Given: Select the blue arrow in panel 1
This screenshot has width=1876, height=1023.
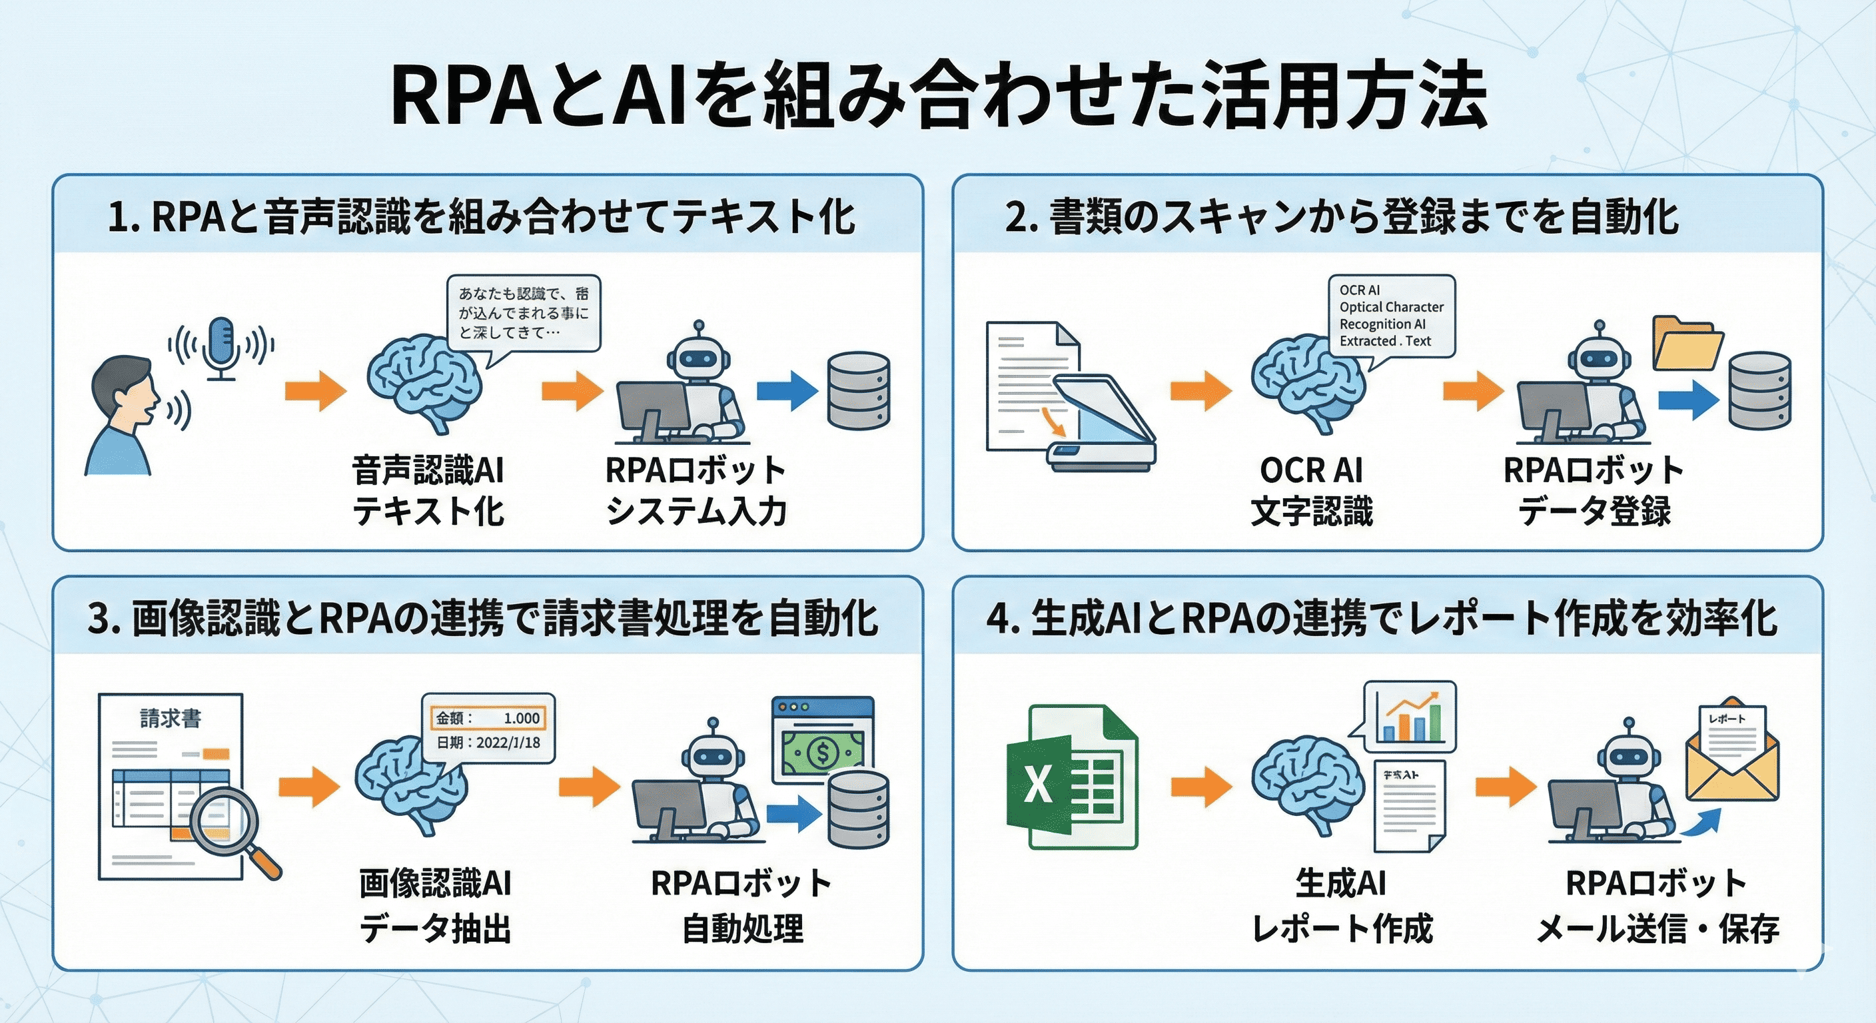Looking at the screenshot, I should [787, 391].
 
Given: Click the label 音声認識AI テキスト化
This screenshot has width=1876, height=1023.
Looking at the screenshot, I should [428, 490].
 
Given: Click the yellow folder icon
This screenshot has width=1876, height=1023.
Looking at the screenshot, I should [1687, 344].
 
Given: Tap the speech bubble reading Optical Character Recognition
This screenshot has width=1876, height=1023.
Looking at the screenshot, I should [1392, 315].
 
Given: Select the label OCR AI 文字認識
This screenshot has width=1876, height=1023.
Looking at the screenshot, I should [1311, 490].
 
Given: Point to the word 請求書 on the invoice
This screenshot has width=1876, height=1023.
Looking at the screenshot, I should [171, 719].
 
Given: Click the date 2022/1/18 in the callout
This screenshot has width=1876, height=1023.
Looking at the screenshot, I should [508, 743].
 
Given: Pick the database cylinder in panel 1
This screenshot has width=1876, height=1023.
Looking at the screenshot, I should [859, 391].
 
